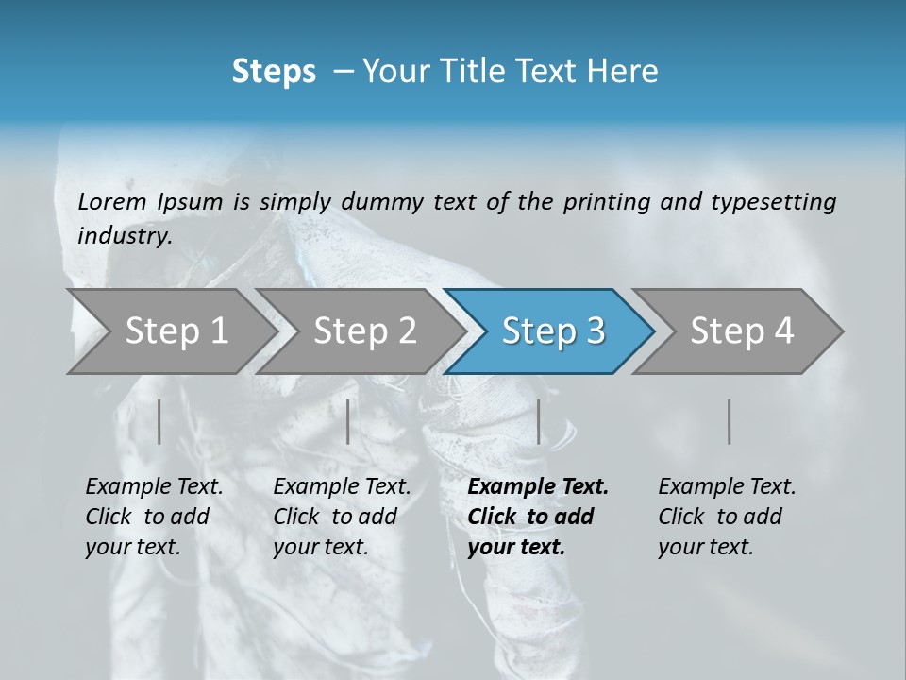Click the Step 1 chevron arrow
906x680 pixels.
(x=170, y=331)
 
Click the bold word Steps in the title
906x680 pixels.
(x=274, y=71)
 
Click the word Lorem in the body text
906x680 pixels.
(x=112, y=201)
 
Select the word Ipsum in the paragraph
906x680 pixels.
(x=190, y=201)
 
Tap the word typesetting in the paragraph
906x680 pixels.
(x=773, y=201)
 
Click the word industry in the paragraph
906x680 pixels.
(x=124, y=235)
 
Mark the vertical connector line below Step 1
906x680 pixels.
(x=159, y=421)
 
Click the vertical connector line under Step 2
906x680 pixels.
(x=348, y=421)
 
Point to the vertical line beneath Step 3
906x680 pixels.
(x=538, y=421)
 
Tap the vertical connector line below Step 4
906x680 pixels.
(x=729, y=421)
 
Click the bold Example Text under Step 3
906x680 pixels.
(x=538, y=486)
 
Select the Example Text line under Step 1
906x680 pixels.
(x=154, y=486)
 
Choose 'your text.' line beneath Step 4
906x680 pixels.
(x=705, y=547)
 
